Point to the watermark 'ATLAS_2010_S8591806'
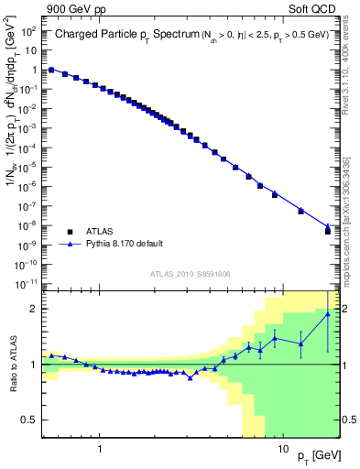tap(191, 274)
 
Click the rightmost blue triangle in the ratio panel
tap(328, 314)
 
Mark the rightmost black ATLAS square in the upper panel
tap(328, 231)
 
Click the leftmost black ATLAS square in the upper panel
tap(51, 70)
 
